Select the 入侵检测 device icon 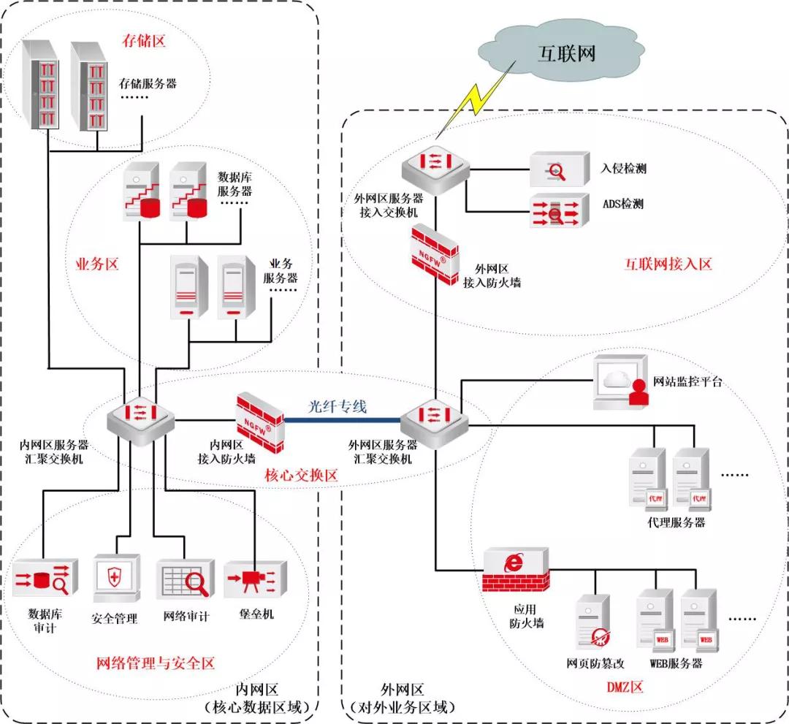coord(559,169)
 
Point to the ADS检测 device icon coord(559,210)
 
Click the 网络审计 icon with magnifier coord(185,580)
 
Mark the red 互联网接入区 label coord(668,264)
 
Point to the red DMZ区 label coord(625,687)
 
